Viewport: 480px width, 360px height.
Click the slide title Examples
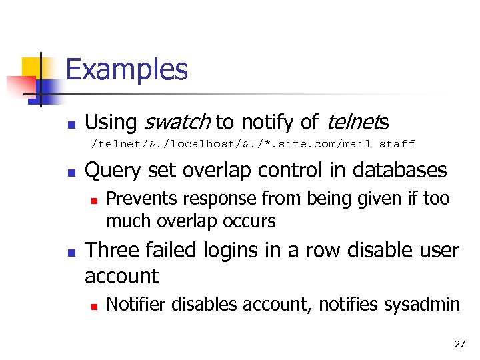pos(127,70)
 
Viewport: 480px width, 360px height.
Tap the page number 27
pos(459,344)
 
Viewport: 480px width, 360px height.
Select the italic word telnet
pos(352,123)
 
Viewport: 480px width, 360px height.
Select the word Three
pos(111,250)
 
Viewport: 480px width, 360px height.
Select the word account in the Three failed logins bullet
pos(121,276)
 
